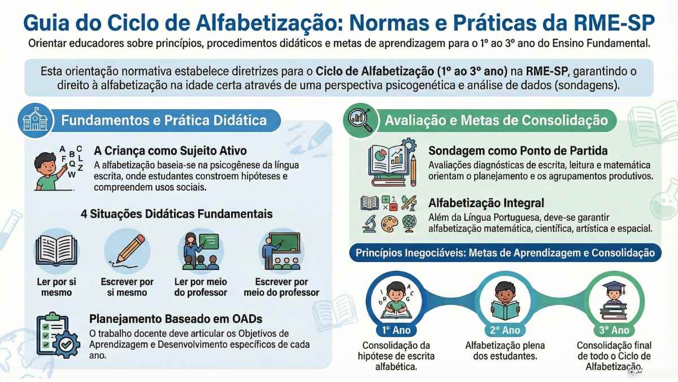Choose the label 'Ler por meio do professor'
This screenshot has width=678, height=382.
(200, 287)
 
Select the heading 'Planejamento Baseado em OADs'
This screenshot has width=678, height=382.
(176, 319)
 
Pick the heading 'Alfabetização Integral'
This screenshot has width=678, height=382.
(486, 203)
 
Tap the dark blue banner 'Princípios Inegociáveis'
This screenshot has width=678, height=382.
(505, 252)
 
